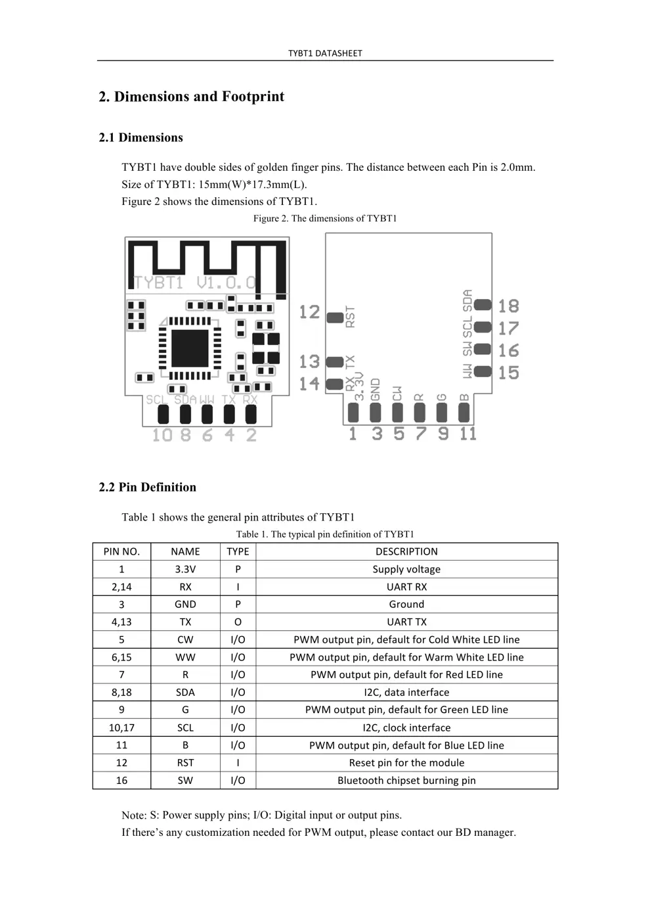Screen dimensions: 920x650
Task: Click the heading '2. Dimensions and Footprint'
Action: pyautogui.click(x=191, y=97)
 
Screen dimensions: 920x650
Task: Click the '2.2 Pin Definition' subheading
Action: pyautogui.click(x=147, y=487)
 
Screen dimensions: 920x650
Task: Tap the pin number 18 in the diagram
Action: pyautogui.click(x=508, y=306)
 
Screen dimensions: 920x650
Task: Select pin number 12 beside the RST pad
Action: pyautogui.click(x=309, y=312)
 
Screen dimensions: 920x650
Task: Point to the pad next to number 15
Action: pyautogui.click(x=483, y=372)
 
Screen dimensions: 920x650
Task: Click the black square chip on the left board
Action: pyautogui.click(x=190, y=348)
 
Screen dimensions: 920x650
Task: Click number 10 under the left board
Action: pyautogui.click(x=162, y=435)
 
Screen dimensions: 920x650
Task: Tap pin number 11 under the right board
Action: pyautogui.click(x=467, y=434)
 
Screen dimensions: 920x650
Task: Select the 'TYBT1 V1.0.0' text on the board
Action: pyautogui.click(x=195, y=283)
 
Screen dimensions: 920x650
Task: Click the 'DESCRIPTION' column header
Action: pyautogui.click(x=406, y=551)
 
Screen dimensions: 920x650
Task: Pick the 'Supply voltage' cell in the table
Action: pyautogui.click(x=406, y=569)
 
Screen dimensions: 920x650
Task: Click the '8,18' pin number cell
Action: pyautogui.click(x=121, y=692)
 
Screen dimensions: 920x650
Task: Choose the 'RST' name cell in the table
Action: pyautogui.click(x=185, y=762)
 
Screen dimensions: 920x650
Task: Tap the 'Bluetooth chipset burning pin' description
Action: pyautogui.click(x=406, y=780)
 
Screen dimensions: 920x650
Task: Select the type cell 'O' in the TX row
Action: pyautogui.click(x=238, y=622)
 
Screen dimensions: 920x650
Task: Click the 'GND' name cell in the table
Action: pyautogui.click(x=185, y=604)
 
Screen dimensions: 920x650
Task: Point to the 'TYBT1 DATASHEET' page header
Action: pyautogui.click(x=325, y=53)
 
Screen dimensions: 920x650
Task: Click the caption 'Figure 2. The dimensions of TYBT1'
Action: pyautogui.click(x=325, y=218)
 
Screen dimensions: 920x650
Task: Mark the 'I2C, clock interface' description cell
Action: pyautogui.click(x=406, y=727)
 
